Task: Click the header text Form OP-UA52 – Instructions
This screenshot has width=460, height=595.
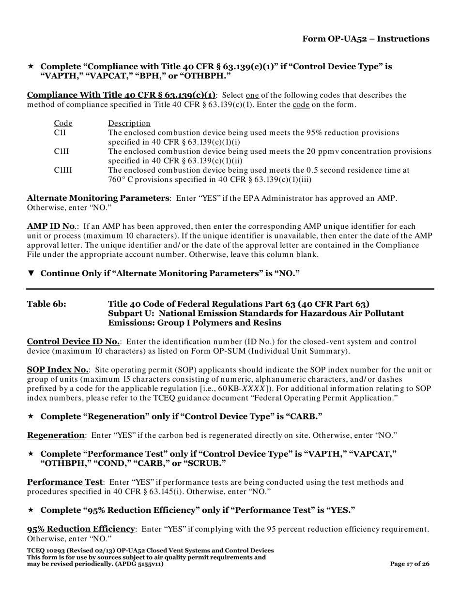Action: (366, 39)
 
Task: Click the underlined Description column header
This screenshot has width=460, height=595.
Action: (129, 123)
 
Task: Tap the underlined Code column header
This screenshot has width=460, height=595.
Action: (62, 123)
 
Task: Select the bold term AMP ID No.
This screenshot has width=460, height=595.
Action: (51, 226)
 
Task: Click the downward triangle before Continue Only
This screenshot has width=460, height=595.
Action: (31, 273)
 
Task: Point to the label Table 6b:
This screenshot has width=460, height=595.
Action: (46, 304)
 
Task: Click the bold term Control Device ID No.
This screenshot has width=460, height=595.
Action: (73, 342)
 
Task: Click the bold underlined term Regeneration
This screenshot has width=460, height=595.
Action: (55, 435)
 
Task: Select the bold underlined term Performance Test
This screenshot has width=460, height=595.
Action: (64, 482)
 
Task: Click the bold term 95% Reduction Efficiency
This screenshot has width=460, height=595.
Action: (80, 529)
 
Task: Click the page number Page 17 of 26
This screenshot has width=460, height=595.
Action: (410, 564)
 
